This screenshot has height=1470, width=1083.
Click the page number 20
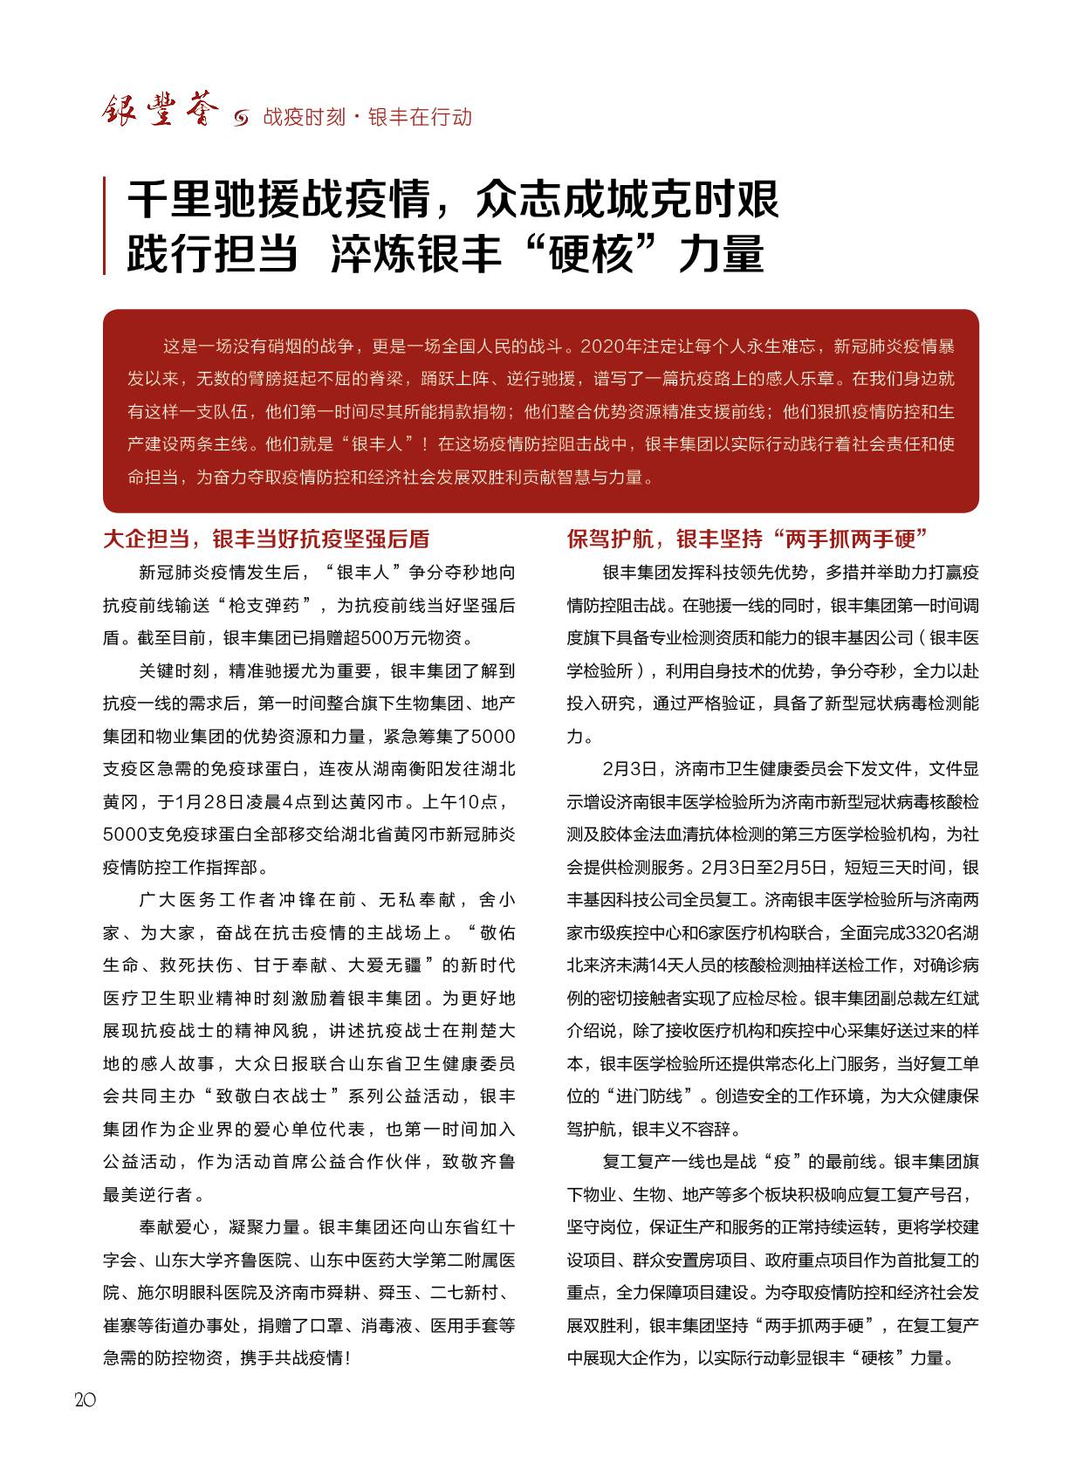pyautogui.click(x=86, y=1399)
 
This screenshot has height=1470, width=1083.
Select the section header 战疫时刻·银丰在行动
pyautogui.click(x=367, y=117)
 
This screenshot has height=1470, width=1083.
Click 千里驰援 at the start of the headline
pyautogui.click(x=215, y=201)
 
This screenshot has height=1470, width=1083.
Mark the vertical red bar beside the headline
pyautogui.click(x=105, y=226)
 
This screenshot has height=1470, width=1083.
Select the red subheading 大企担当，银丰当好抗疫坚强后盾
pyautogui.click(x=266, y=539)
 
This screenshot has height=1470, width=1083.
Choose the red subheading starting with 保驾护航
pyautogui.click(x=746, y=539)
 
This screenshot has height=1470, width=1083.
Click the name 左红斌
pyautogui.click(x=950, y=998)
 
